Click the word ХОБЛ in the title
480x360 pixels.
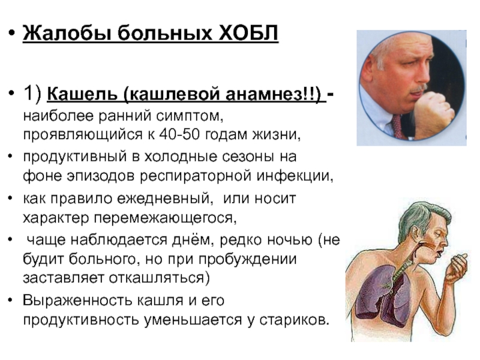click(x=249, y=33)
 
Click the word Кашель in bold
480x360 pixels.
click(x=82, y=94)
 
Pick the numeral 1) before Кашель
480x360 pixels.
click(x=32, y=92)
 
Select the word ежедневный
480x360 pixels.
click(x=165, y=199)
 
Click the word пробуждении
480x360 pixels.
click(x=247, y=259)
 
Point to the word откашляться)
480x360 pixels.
click(x=160, y=278)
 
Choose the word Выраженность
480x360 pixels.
click(x=77, y=301)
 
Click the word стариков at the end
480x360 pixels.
click(x=294, y=320)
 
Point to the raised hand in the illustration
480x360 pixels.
click(x=456, y=268)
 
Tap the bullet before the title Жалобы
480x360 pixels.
click(x=11, y=32)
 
